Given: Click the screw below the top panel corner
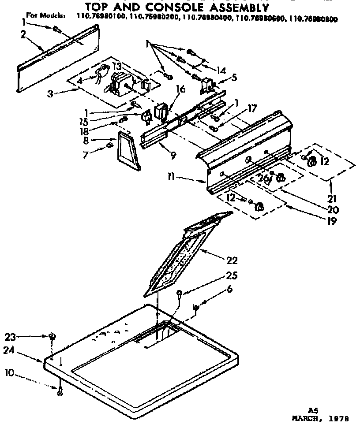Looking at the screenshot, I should click(60, 390).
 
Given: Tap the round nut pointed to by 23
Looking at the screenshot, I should click(52, 337).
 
